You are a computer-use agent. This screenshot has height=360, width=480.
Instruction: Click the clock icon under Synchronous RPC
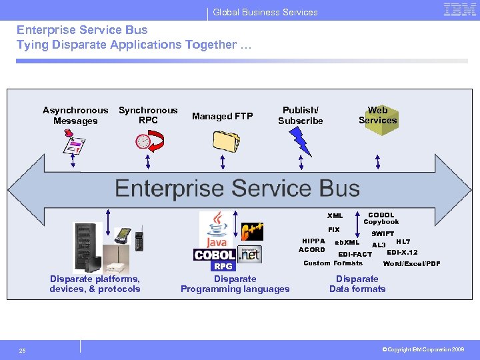[x=143, y=141]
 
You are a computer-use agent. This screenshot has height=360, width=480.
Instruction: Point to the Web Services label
[x=377, y=115]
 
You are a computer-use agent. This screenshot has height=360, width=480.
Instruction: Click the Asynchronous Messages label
[x=75, y=115]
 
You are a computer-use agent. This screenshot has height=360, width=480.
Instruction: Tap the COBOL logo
[x=214, y=255]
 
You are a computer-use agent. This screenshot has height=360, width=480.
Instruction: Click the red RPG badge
[x=223, y=267]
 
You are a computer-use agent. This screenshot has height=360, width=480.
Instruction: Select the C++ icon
[x=252, y=232]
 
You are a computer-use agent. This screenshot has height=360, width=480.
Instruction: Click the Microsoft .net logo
[x=250, y=254]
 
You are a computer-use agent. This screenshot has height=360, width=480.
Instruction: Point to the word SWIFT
[x=383, y=234]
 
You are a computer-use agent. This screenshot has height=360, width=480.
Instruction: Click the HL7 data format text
[x=403, y=241]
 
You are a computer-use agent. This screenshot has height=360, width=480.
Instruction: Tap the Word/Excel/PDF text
[x=411, y=264]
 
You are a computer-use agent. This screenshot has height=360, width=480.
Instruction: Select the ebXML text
[x=347, y=243]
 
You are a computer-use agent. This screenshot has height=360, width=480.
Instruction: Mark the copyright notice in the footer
[x=423, y=349]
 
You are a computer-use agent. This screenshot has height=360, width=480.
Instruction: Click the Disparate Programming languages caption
[x=235, y=284]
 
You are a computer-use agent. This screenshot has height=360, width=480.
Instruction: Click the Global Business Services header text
[x=265, y=12]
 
